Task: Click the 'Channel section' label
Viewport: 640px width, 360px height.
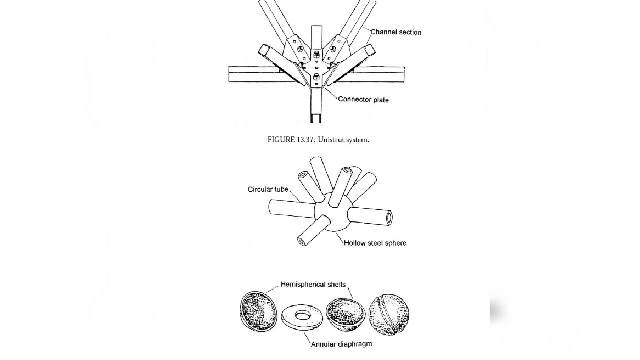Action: point(395,32)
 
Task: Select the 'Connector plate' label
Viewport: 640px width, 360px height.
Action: point(363,100)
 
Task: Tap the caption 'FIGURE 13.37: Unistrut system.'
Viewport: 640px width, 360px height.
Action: point(318,140)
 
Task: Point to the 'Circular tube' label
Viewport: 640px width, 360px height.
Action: point(267,189)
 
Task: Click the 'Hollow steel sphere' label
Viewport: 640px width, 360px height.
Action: point(375,243)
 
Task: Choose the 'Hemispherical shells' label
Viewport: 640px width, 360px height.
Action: point(313,284)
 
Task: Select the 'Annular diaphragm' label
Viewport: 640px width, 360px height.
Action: point(341,344)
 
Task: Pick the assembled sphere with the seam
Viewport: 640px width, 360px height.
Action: point(389,314)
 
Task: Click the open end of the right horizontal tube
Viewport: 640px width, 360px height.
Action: point(388,218)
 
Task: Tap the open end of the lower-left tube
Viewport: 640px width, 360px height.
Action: point(302,242)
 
